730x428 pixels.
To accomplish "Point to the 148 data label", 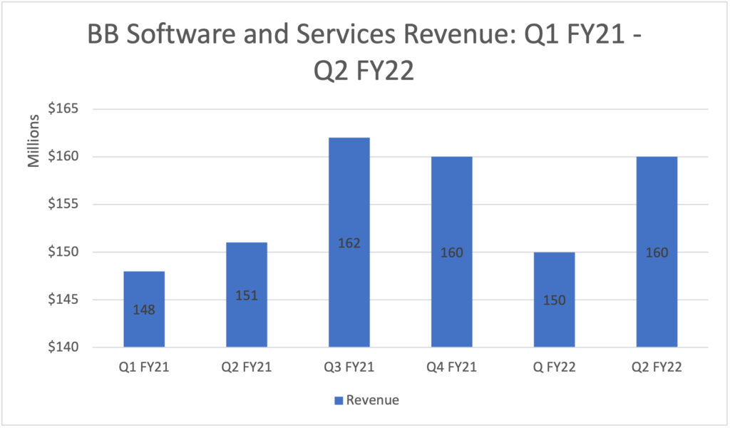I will [x=144, y=310].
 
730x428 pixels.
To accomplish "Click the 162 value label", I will [x=349, y=243].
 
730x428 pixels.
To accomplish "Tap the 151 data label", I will [x=247, y=296].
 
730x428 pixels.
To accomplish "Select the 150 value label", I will [x=555, y=300].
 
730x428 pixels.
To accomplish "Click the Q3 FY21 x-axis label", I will [x=349, y=368].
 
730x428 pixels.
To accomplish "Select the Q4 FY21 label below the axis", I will [x=452, y=368].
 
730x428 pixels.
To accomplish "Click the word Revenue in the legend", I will [x=372, y=400].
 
